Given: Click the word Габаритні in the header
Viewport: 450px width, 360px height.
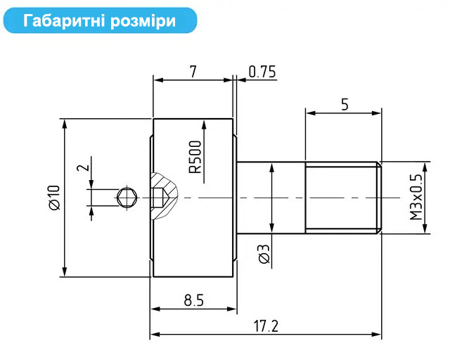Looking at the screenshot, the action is (x=64, y=20).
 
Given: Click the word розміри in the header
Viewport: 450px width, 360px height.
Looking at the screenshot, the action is (x=143, y=21).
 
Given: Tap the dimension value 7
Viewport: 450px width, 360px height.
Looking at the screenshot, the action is (x=193, y=72).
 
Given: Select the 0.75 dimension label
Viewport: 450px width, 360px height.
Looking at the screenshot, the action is (x=262, y=72).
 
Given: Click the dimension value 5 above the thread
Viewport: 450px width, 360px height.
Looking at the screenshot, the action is (x=345, y=105).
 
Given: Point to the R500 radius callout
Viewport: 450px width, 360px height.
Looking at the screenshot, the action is (x=195, y=157).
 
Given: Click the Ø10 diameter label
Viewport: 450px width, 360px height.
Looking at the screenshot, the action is (x=54, y=198).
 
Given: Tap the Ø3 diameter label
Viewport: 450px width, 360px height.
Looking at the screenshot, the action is (x=264, y=254).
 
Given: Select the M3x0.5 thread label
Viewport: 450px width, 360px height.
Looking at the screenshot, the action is (x=416, y=197).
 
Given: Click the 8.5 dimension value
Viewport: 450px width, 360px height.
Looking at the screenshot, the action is (x=194, y=300).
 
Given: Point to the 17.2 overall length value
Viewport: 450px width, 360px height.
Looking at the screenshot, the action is (x=266, y=326).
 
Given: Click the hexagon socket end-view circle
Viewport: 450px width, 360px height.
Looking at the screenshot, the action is (x=127, y=198).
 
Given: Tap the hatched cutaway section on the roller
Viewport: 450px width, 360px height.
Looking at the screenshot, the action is (x=164, y=195).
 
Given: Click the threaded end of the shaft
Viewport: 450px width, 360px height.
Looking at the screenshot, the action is (x=343, y=198).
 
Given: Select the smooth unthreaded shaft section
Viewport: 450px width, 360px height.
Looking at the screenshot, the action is (x=271, y=198).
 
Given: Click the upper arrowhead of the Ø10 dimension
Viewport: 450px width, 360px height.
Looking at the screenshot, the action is (x=65, y=124).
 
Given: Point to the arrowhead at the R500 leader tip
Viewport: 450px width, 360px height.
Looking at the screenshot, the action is (x=204, y=125).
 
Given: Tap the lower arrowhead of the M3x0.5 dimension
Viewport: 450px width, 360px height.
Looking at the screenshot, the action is (x=425, y=228).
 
